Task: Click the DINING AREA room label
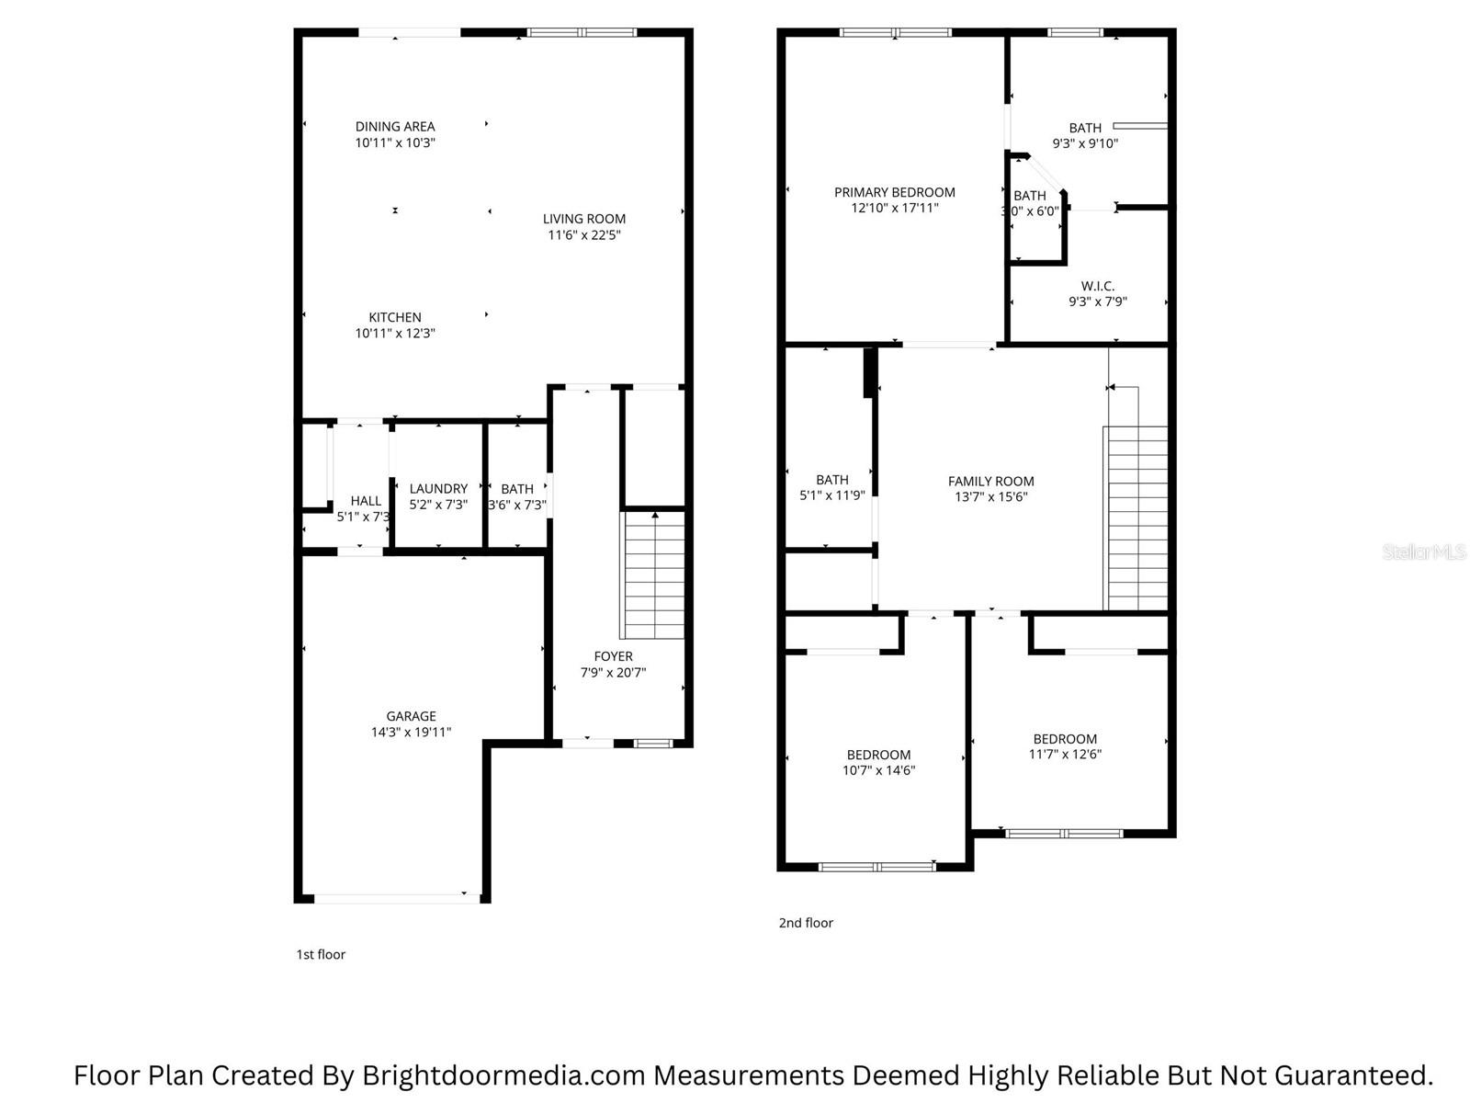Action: [395, 127]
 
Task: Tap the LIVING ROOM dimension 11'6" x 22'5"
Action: [584, 235]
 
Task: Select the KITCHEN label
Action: [395, 317]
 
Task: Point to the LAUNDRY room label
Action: [438, 489]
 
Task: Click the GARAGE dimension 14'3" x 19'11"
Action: [411, 733]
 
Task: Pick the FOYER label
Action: [613, 656]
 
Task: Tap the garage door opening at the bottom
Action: [395, 897]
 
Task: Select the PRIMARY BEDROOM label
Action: [894, 192]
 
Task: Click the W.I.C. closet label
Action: [1097, 286]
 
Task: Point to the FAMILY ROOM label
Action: [990, 481]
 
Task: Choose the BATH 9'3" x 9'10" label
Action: [1085, 128]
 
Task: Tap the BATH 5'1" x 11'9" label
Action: [831, 480]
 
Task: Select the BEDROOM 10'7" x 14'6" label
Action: [878, 755]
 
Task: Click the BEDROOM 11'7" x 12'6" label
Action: [1065, 739]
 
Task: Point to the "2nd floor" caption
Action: [806, 923]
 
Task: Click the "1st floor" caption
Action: [321, 955]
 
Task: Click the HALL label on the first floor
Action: [365, 501]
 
